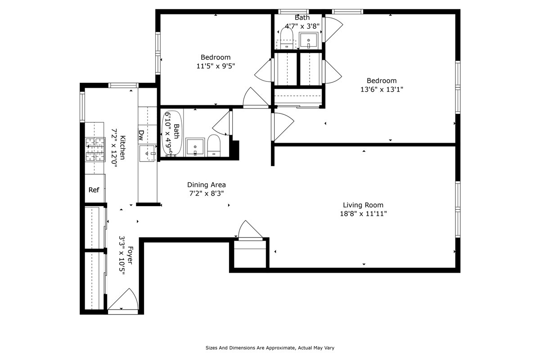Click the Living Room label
click(363, 205)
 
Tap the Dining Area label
click(206, 185)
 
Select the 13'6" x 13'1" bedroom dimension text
click(381, 90)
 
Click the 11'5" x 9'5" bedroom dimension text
click(216, 66)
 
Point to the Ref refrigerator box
click(94, 190)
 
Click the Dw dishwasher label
click(141, 134)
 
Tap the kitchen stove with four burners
click(95, 149)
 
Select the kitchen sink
click(147, 153)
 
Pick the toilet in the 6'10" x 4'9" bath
click(213, 146)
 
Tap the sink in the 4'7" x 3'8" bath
click(309, 40)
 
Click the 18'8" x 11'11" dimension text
click(363, 214)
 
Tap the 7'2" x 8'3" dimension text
click(206, 193)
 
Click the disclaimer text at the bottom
click(270, 348)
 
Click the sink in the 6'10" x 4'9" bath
click(194, 147)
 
